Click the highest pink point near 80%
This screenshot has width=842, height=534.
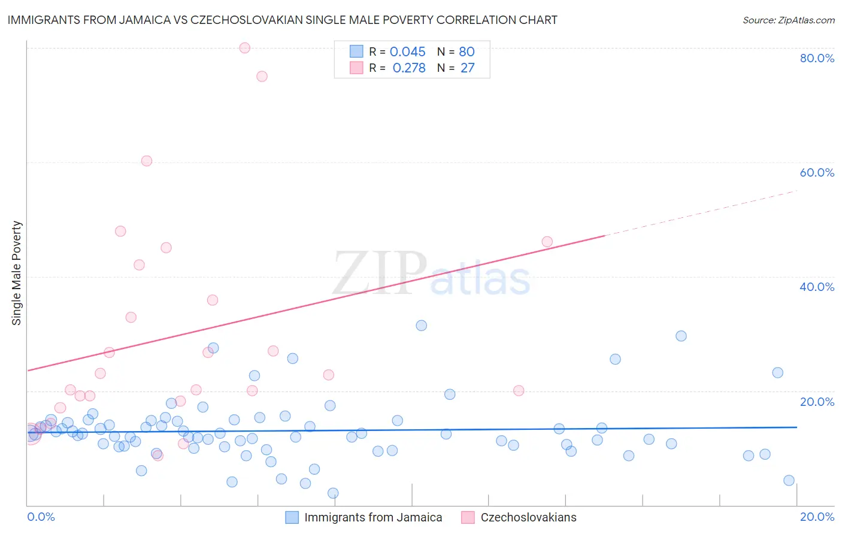(244, 48)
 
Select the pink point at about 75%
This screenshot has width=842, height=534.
(262, 76)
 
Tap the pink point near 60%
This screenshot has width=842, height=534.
(147, 160)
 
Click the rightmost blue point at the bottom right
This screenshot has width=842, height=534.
(789, 480)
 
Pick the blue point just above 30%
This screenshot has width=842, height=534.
(422, 326)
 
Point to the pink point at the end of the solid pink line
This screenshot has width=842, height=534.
(547, 242)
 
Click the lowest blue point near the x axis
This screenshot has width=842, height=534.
(333, 493)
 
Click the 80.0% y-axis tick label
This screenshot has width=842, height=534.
(817, 58)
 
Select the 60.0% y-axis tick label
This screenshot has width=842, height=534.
(817, 172)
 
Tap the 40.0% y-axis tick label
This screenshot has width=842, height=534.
(817, 287)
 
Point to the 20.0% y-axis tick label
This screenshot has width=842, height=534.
(817, 401)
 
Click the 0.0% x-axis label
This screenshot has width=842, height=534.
(41, 517)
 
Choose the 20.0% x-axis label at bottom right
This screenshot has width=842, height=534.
(817, 517)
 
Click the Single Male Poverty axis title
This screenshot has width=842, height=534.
(17, 273)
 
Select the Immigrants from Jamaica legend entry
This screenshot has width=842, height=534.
(372, 517)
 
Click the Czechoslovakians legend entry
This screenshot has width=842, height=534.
(528, 517)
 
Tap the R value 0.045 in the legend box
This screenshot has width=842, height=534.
(407, 52)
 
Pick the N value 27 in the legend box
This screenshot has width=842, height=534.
(467, 68)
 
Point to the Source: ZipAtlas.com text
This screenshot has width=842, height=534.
(788, 20)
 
